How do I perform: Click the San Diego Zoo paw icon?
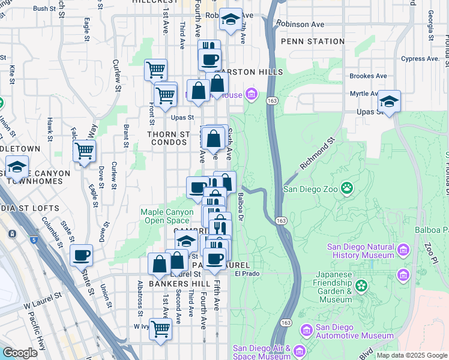coord(347,188)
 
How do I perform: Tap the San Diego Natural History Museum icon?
coord(403,248)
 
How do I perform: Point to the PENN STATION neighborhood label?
coord(313,42)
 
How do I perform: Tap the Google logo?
coord(20,353)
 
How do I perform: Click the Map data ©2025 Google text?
coord(412,355)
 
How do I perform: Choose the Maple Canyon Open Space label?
coord(169,216)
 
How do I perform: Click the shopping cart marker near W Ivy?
coord(160,329)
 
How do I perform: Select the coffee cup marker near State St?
coord(82,255)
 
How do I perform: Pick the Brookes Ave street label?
coord(368,76)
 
